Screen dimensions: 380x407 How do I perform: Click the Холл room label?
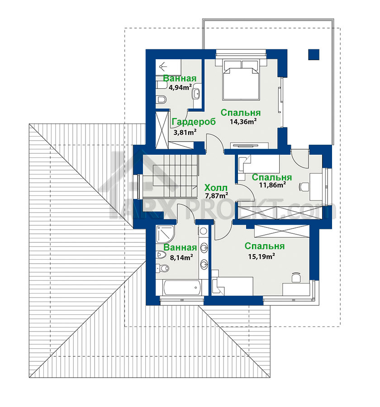pos(216,187)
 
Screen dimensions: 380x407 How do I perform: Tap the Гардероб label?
pos(194,122)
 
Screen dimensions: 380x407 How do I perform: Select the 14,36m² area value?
pos(243,121)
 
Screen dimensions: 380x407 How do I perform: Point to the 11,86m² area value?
pos(272,185)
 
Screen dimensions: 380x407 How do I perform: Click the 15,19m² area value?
pos(261,256)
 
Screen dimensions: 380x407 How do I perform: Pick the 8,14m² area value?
pos(181,257)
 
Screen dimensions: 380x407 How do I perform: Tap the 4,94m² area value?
pos(180,87)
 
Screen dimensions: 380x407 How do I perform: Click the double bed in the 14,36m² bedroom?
pos(241,80)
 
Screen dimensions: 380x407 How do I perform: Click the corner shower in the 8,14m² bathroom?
pos(166,234)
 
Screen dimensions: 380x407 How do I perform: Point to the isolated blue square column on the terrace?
pos(314,55)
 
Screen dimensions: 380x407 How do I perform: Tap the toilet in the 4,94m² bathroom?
pos(161,99)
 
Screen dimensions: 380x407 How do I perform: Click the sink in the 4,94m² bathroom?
pos(196,93)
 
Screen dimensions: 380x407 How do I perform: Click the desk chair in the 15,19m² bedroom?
pos(296,278)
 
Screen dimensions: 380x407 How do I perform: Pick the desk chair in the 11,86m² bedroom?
pos(304,186)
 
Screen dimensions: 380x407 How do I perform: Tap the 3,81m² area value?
pos(185,133)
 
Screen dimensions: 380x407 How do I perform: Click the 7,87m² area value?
pos(217,195)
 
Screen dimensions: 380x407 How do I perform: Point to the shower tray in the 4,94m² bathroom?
pos(168,67)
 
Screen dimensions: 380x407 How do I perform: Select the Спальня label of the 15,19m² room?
pos(264,246)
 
